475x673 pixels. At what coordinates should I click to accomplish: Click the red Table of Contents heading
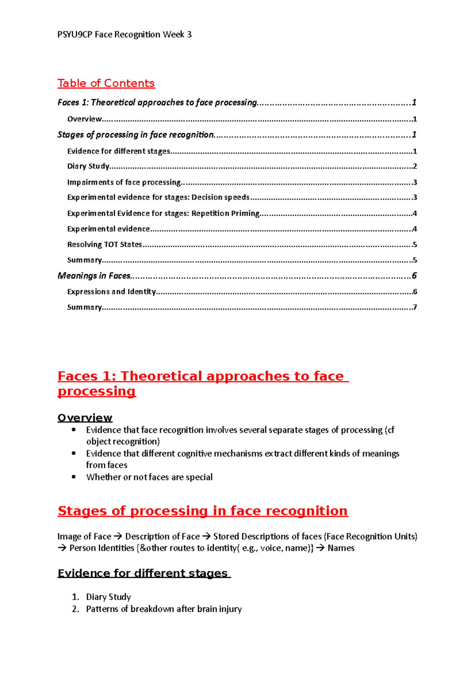point(106,83)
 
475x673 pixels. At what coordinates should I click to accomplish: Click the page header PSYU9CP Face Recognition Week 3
point(124,34)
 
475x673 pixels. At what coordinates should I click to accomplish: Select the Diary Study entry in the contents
point(88,166)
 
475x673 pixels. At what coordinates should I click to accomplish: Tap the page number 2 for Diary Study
point(415,166)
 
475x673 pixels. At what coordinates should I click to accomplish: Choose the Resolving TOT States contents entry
point(104,245)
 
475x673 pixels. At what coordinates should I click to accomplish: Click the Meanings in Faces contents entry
point(94,275)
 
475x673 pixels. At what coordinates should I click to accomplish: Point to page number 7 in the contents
point(415,307)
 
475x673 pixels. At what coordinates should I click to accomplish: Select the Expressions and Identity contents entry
point(111,292)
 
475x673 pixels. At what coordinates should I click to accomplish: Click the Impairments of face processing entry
point(124,182)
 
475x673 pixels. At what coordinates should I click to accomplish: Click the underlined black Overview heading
point(85,418)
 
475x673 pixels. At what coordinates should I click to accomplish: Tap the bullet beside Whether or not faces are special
point(74,477)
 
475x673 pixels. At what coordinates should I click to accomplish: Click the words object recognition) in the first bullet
point(123,442)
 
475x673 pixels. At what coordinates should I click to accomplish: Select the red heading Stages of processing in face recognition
point(202,511)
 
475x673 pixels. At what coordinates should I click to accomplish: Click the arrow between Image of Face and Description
point(118,537)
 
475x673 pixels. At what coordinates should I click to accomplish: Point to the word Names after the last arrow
point(341,548)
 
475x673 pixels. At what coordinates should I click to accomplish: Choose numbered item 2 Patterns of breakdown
point(163,609)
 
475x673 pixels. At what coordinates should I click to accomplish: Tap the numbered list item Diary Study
point(108,597)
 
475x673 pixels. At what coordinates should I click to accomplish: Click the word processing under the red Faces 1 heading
point(97,391)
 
